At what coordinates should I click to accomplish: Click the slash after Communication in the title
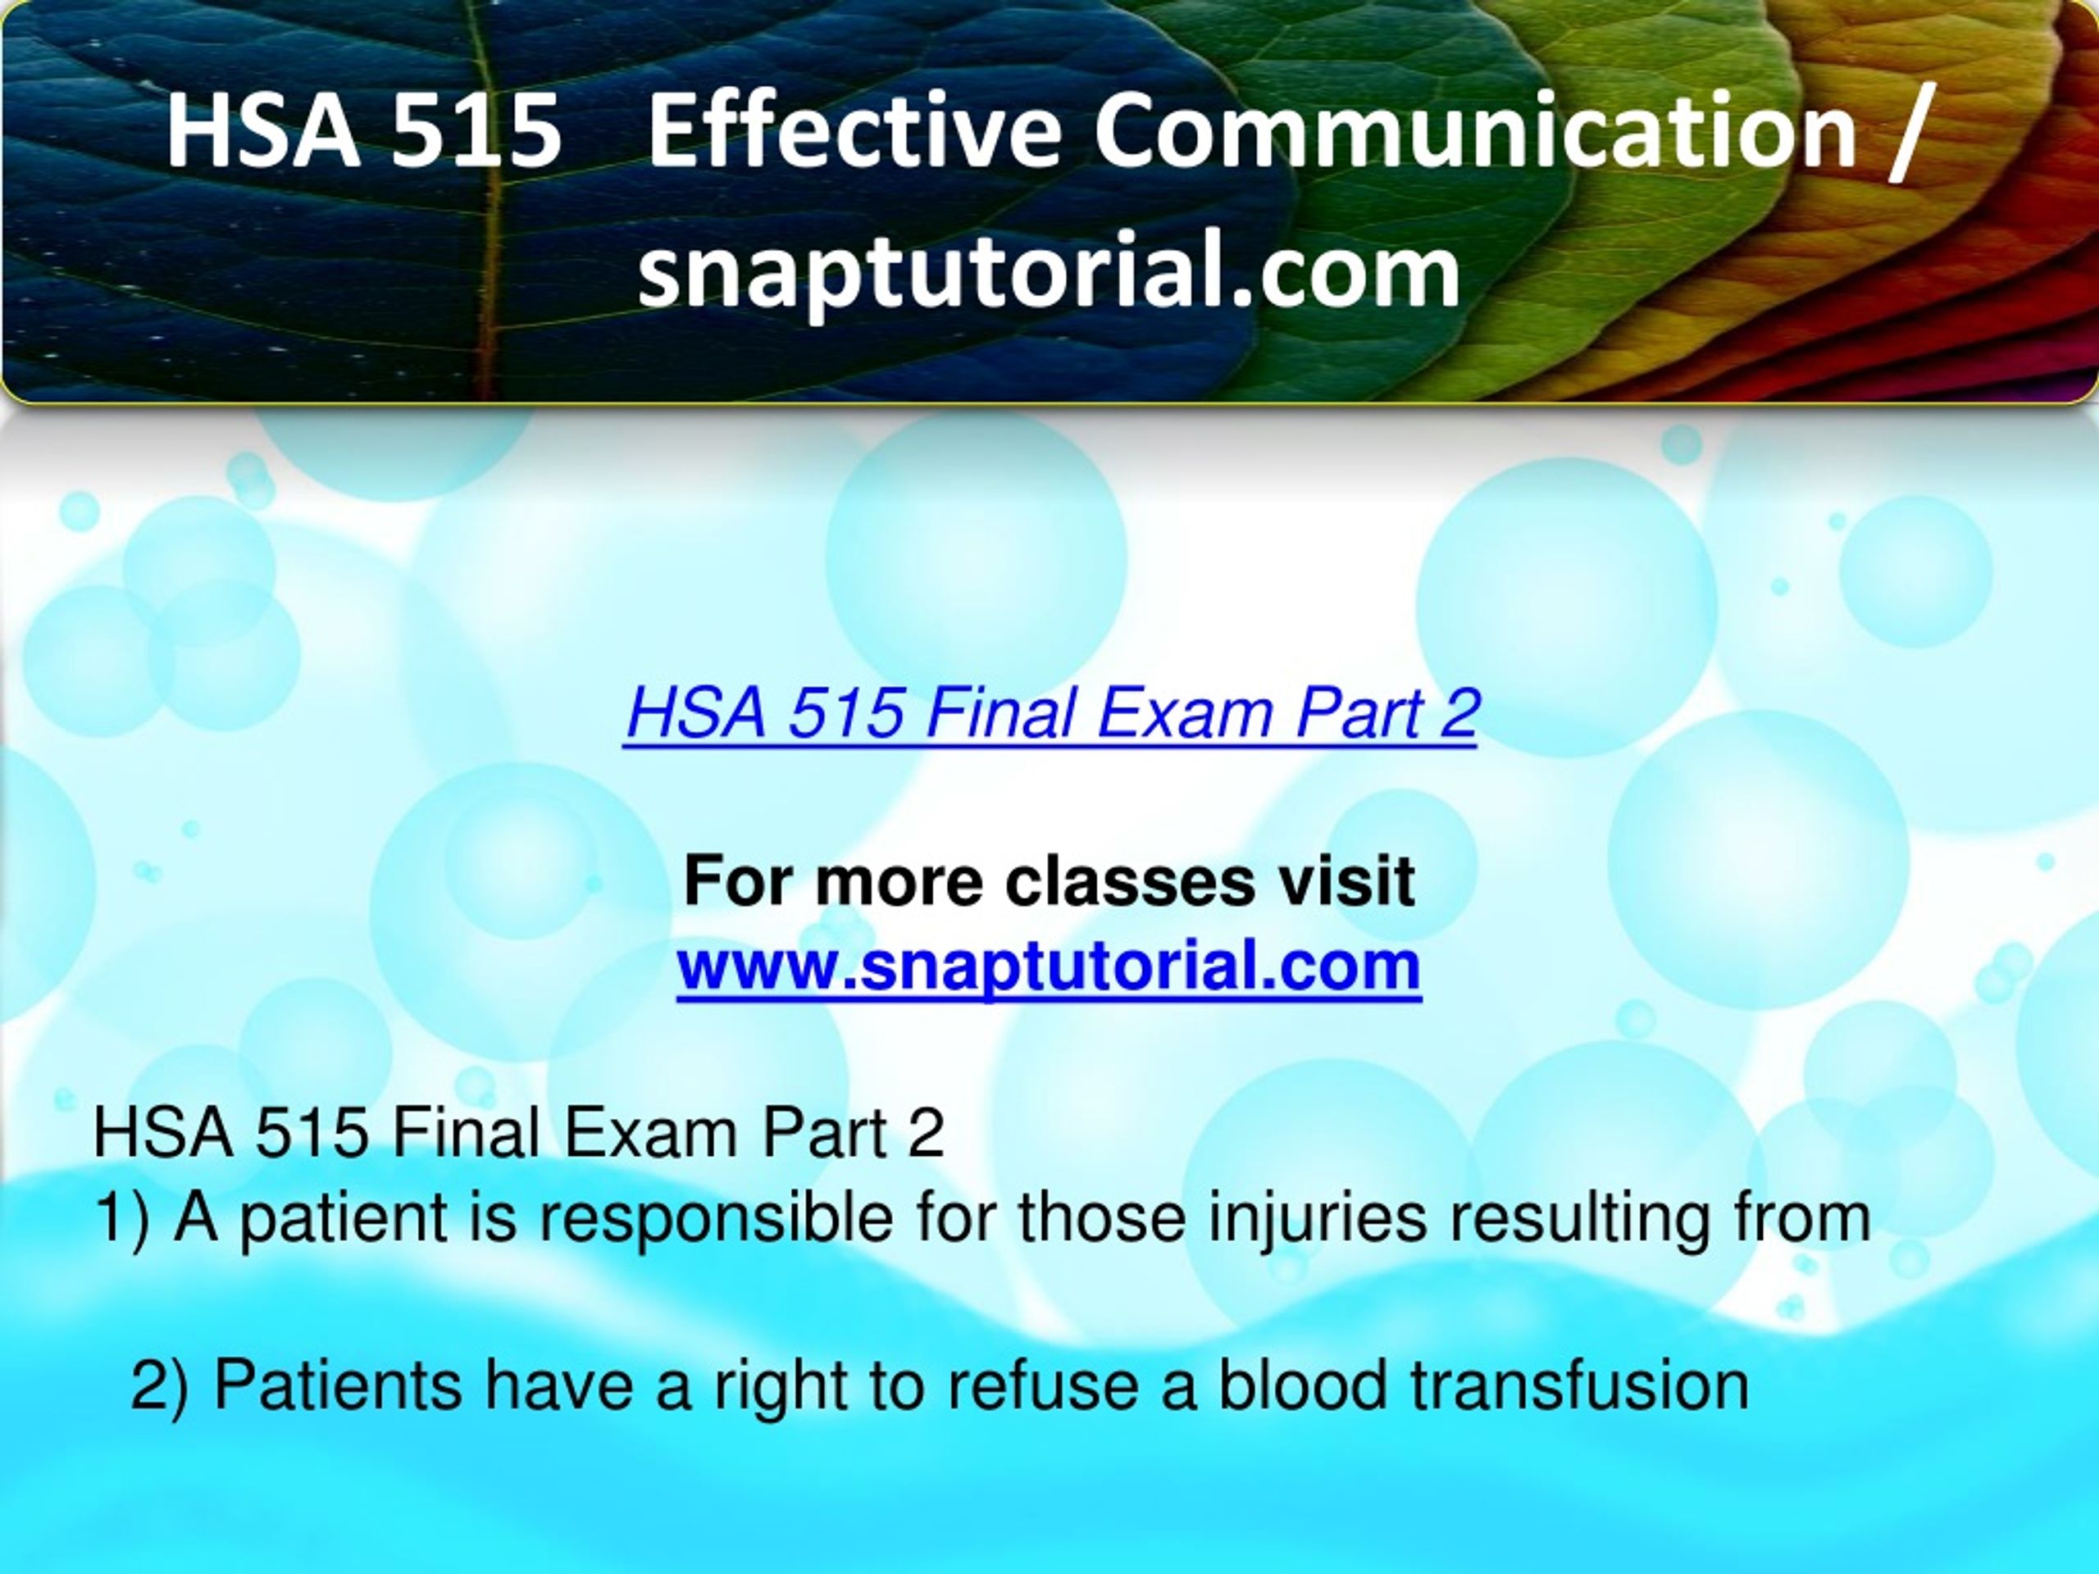(1910, 133)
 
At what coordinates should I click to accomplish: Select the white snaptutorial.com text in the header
(1049, 271)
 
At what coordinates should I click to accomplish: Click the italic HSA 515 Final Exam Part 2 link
(1051, 712)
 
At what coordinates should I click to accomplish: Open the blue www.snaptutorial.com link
(1049, 966)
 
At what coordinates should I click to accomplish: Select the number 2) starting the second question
(159, 1385)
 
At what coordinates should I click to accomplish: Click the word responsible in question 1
(717, 1220)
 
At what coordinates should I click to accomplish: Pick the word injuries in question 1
(1317, 1220)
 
